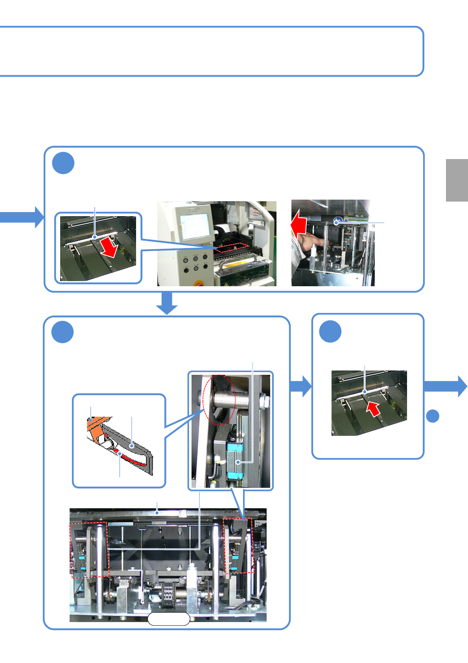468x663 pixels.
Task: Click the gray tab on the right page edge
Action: (x=457, y=180)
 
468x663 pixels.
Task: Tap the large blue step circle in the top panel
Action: (x=63, y=163)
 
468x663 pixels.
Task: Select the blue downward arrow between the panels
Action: (x=167, y=304)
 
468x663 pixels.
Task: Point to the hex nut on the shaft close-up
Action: (x=265, y=402)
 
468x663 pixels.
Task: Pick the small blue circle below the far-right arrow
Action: (x=433, y=416)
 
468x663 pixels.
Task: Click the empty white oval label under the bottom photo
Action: (x=169, y=619)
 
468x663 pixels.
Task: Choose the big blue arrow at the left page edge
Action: (x=22, y=217)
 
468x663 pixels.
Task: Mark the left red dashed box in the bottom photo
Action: (x=89, y=550)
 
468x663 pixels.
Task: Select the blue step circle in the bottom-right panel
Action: (x=330, y=331)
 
